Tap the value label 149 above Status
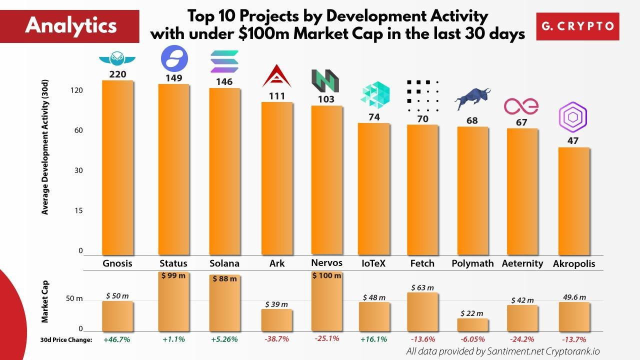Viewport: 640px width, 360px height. (174, 78)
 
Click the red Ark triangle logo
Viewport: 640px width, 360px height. (276, 77)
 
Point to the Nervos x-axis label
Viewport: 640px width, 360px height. (326, 262)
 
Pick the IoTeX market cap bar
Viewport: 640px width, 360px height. (374, 317)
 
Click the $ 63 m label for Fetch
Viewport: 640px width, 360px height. (422, 287)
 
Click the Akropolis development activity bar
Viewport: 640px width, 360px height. (573, 201)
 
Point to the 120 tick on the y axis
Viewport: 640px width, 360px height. (76, 90)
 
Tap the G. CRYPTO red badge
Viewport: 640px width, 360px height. (577, 26)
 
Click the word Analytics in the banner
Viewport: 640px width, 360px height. (70, 25)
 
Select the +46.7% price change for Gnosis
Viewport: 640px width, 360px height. (117, 339)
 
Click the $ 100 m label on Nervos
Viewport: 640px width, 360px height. (326, 276)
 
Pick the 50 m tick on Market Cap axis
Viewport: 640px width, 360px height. (73, 299)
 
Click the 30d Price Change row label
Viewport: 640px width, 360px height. (66, 340)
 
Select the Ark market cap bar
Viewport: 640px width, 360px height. (276, 320)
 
